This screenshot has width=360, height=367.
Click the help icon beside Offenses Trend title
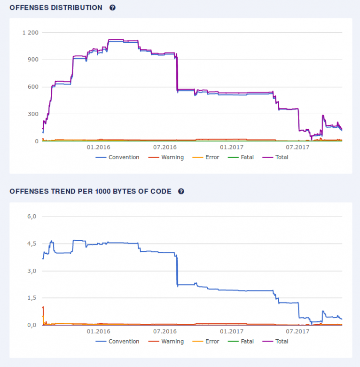(x=181, y=191)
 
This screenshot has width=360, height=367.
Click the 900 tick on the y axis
(x=33, y=60)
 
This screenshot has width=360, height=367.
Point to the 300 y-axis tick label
(x=33, y=114)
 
